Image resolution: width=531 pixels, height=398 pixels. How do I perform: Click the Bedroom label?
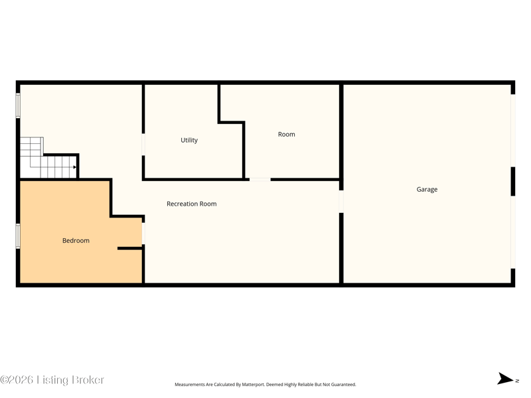click(76, 241)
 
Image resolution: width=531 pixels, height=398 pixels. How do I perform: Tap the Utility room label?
click(189, 140)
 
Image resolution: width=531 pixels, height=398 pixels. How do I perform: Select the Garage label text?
click(427, 190)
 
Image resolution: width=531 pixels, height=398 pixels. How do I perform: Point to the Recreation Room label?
click(192, 204)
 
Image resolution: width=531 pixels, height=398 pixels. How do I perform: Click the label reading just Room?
click(287, 135)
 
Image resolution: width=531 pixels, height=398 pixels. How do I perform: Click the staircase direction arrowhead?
click(74, 167)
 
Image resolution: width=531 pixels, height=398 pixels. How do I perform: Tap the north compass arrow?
click(505, 379)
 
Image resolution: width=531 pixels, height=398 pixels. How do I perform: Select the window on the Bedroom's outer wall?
click(18, 236)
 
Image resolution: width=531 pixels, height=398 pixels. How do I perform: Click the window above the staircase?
click(18, 105)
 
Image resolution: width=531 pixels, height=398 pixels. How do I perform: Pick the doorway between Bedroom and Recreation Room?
click(143, 233)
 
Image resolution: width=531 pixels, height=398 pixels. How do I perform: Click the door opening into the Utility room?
click(143, 145)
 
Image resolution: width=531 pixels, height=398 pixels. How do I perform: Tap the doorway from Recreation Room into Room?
click(260, 179)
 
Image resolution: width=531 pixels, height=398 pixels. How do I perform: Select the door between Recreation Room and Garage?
click(341, 202)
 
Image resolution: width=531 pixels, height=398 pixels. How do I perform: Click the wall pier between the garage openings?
click(512, 181)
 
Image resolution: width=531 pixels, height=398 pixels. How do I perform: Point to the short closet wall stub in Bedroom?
click(129, 248)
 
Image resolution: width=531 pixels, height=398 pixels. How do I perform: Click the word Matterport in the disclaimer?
click(253, 385)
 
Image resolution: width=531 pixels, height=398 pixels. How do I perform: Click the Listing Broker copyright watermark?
click(52, 380)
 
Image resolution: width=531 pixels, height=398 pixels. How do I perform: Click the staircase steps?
click(48, 158)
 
